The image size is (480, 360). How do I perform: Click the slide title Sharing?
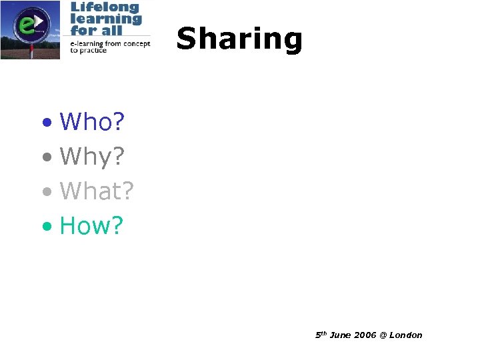click(239, 39)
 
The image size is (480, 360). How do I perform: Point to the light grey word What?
click(97, 191)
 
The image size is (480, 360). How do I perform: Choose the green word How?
click(91, 226)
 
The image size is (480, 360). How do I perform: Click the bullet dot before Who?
click(46, 123)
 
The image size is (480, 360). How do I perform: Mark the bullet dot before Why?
click(46, 158)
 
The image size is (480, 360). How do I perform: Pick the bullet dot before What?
click(46, 193)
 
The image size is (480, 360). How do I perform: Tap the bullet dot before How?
click(46, 227)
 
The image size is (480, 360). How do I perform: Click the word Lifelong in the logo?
click(105, 7)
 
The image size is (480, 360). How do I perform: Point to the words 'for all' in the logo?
click(94, 30)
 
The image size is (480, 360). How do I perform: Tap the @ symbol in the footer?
click(383, 335)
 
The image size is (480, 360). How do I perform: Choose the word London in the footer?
click(405, 335)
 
